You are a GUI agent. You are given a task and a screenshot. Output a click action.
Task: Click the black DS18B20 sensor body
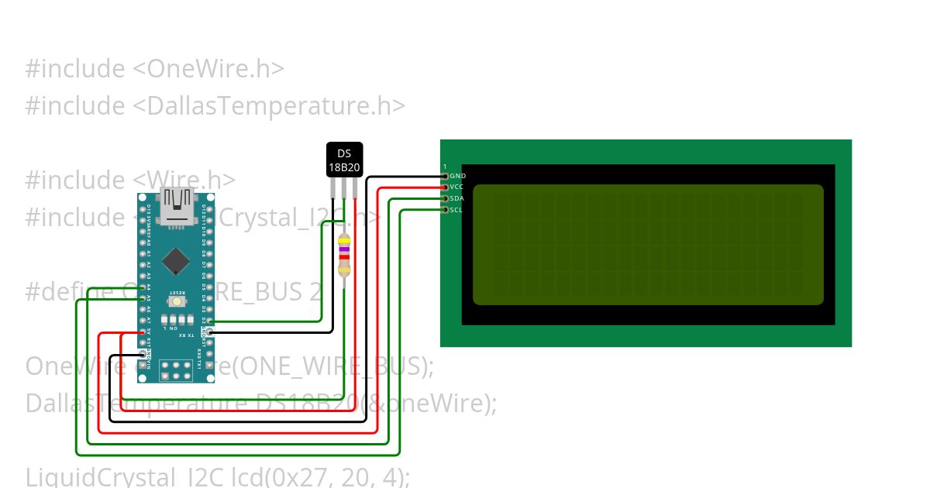click(344, 160)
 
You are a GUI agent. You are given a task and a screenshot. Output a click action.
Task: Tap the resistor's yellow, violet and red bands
click(344, 249)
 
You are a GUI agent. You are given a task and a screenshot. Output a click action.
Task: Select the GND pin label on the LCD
click(457, 176)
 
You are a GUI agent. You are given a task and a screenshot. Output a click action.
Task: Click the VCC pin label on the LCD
click(457, 187)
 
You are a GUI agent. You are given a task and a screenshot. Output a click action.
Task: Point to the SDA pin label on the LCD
click(457, 198)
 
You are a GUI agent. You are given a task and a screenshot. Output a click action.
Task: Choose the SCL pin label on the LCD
click(457, 210)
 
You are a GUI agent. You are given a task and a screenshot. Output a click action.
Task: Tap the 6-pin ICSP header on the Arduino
click(176, 370)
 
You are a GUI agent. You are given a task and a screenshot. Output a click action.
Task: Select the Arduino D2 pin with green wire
click(208, 321)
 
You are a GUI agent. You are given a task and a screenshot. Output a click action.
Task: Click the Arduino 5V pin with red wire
click(143, 332)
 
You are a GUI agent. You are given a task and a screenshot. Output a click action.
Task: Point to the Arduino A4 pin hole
click(143, 287)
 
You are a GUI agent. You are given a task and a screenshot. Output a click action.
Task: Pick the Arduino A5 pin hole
click(143, 298)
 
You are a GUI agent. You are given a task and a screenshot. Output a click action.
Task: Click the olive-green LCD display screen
click(648, 245)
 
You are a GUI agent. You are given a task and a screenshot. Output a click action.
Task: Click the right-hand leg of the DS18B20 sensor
click(355, 187)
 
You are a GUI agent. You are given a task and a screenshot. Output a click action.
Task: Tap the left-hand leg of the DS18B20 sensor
click(333, 187)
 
